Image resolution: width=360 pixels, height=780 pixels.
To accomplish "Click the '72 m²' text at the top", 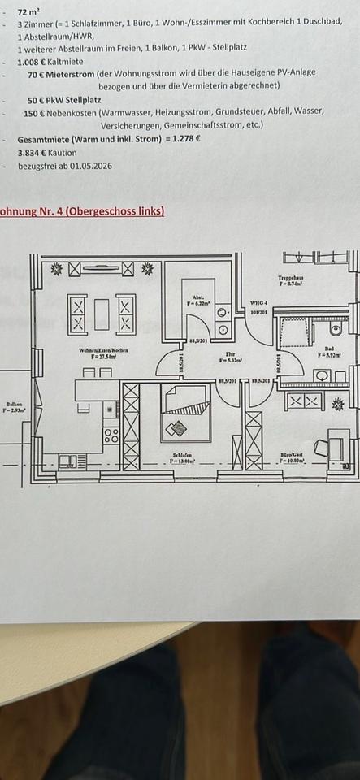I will (28, 13).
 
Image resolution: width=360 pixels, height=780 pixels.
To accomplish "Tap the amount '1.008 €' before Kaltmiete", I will (33, 61).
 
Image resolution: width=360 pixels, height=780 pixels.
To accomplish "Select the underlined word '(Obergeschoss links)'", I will (115, 211).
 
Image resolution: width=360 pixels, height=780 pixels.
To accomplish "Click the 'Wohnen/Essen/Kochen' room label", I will (103, 351).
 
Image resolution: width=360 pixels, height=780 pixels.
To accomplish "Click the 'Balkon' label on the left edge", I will (14, 404).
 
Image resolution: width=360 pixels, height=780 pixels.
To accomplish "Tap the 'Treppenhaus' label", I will (290, 279).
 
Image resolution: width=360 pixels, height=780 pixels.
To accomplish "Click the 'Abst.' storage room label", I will (197, 298).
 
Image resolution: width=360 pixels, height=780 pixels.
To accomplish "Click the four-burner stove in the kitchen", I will (111, 435).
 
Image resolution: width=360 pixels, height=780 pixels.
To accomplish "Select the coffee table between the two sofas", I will (102, 314).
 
